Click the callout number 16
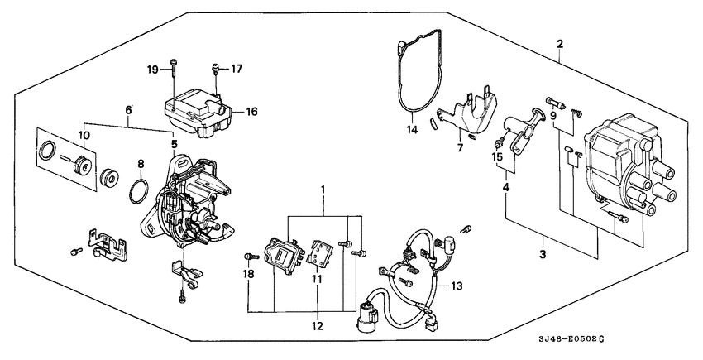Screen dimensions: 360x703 click(x=251, y=110)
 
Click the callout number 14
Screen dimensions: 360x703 click(x=411, y=130)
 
